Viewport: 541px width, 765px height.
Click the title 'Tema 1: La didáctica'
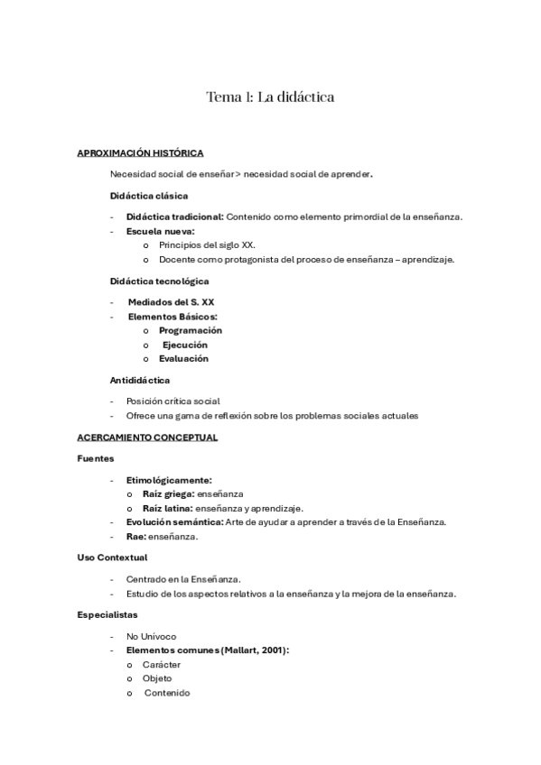pos(270,97)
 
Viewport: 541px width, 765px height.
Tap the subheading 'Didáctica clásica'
pos(148,195)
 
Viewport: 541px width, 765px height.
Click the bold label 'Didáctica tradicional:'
pos(174,217)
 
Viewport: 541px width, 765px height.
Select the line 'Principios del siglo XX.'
pos(207,245)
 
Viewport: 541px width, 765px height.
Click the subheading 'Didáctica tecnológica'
pos(159,281)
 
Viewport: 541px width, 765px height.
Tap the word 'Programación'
pos(190,330)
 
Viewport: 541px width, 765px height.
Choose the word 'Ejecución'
pos(184,345)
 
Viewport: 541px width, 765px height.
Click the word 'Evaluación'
pos(183,358)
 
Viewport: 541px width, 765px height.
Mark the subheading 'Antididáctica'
pos(139,380)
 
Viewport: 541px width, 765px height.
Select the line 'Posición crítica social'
pos(173,401)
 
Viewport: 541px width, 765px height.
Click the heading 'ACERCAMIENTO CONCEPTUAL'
pos(147,438)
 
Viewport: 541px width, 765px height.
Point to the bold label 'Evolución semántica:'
pos(174,522)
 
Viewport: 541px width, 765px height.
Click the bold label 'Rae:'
pos(135,537)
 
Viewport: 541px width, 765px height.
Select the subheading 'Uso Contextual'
pos(112,558)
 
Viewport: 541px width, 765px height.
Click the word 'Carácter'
pos(162,665)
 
